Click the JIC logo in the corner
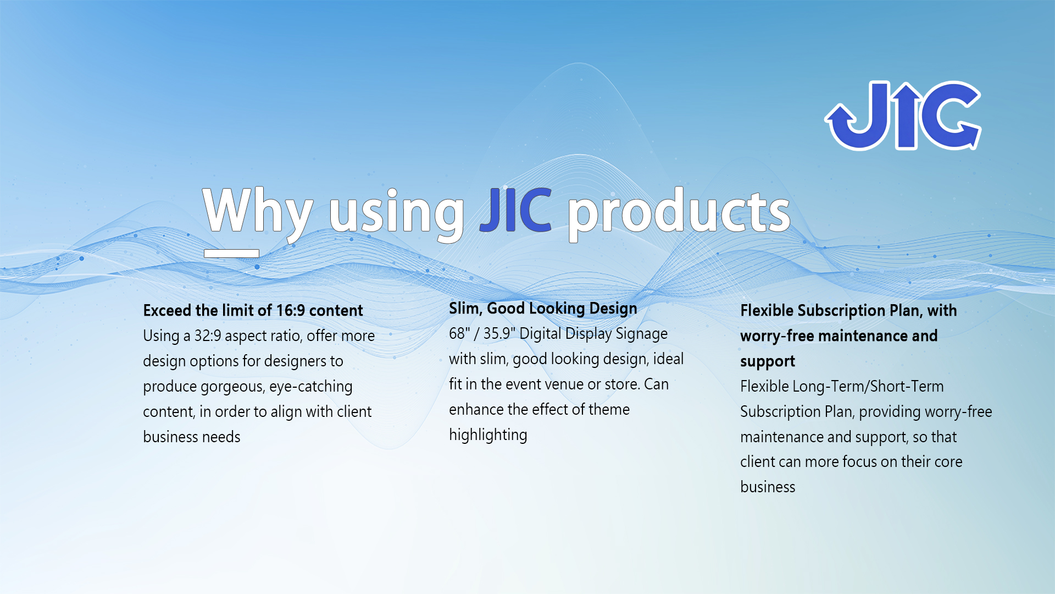(x=903, y=116)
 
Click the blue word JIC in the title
(x=515, y=210)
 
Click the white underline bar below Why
(x=231, y=254)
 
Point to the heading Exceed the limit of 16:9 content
(x=253, y=310)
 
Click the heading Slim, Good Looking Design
(x=543, y=309)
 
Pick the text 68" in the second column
(x=459, y=333)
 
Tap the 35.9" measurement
(x=499, y=333)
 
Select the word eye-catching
(x=310, y=387)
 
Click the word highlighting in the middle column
(x=488, y=435)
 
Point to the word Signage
(x=641, y=334)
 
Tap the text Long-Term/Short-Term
(x=869, y=386)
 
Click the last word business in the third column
(x=768, y=487)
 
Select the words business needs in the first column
(x=192, y=437)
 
